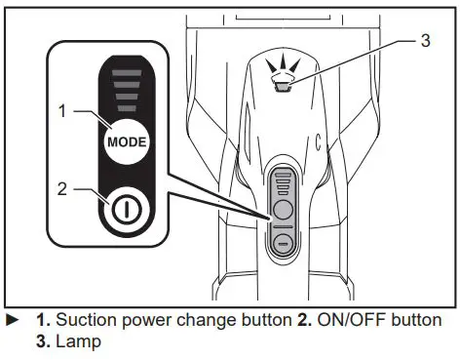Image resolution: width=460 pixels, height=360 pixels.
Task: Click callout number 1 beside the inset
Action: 63,111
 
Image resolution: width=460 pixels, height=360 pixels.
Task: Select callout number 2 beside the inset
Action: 63,188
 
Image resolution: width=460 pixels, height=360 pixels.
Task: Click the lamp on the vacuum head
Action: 285,87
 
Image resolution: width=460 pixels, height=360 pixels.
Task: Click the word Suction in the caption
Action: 82,319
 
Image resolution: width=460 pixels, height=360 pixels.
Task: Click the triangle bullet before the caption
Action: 12,319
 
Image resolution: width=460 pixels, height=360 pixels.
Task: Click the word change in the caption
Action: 193,319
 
